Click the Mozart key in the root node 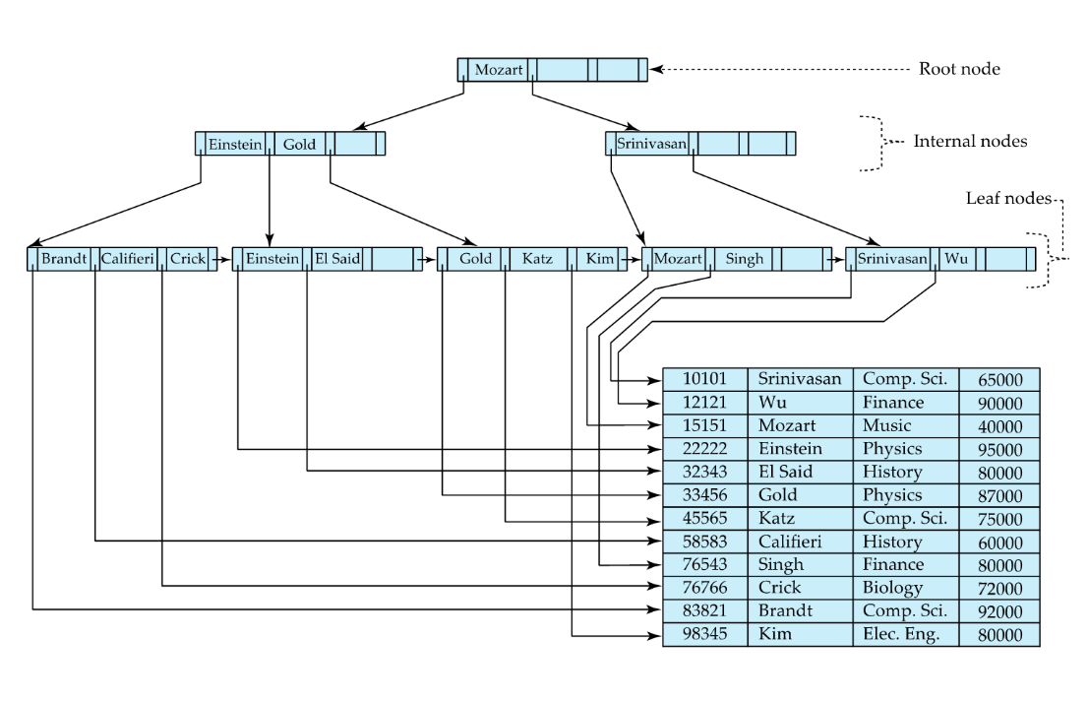point(498,70)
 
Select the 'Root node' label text point(959,69)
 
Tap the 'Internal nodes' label point(970,142)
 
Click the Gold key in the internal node point(299,145)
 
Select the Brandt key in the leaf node point(63,259)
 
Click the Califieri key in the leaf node point(128,259)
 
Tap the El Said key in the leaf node point(336,259)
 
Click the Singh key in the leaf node point(744,259)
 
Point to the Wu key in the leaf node point(956,259)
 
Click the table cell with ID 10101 point(705,379)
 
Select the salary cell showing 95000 point(999,450)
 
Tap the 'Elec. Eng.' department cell point(904,635)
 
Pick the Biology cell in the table point(904,589)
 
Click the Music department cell point(904,426)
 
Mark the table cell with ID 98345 point(705,635)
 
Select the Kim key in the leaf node point(599,259)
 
